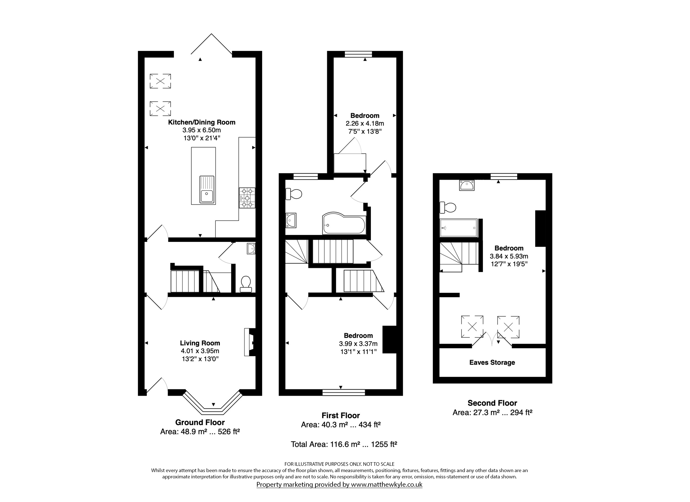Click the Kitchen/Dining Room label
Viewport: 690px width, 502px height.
[202, 122]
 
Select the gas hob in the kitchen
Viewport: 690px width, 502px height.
[247, 198]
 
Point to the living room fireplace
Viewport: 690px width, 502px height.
[249, 342]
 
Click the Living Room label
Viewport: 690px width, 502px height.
[200, 343]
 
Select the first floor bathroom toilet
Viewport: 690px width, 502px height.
[294, 194]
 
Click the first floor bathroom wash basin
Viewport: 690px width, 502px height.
[291, 220]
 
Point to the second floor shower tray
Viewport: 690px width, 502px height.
[459, 228]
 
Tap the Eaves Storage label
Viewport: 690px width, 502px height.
[492, 362]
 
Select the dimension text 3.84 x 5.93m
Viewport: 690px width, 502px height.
[509, 256]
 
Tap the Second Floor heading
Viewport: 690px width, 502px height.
[492, 403]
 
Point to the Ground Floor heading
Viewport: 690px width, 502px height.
[200, 422]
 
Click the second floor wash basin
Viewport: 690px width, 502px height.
[467, 185]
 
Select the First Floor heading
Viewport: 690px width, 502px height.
[341, 416]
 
